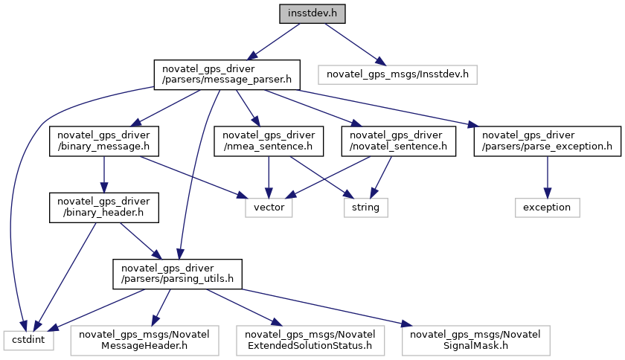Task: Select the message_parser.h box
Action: coord(226,74)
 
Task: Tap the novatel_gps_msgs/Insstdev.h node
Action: coord(397,74)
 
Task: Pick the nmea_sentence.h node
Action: coord(269,141)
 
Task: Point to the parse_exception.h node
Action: coord(548,141)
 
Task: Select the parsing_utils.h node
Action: coord(177,273)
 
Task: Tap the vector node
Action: coord(269,207)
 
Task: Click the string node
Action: coord(365,207)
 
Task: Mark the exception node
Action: coord(548,207)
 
